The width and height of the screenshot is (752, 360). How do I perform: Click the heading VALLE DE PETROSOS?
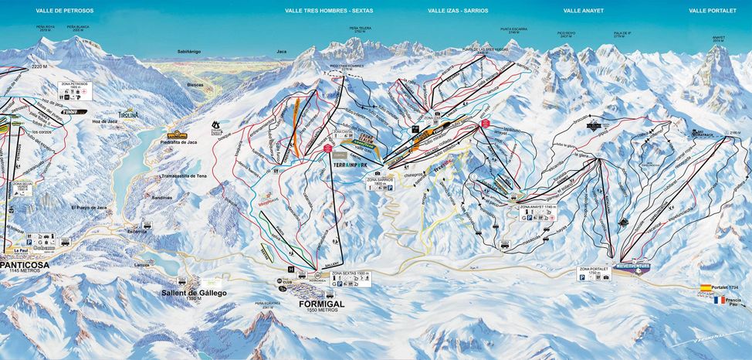pyautogui.click(x=64, y=12)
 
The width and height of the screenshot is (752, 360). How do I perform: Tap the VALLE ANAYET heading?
pyautogui.click(x=584, y=12)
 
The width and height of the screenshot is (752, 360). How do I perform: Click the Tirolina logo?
pyautogui.click(x=128, y=114)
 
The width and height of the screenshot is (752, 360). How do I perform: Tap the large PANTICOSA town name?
pyautogui.click(x=24, y=264)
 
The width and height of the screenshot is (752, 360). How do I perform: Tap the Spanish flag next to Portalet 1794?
pyautogui.click(x=705, y=287)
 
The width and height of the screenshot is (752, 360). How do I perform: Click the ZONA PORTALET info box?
pyautogui.click(x=594, y=273)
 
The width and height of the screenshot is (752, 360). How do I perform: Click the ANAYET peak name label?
pyautogui.click(x=718, y=37)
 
